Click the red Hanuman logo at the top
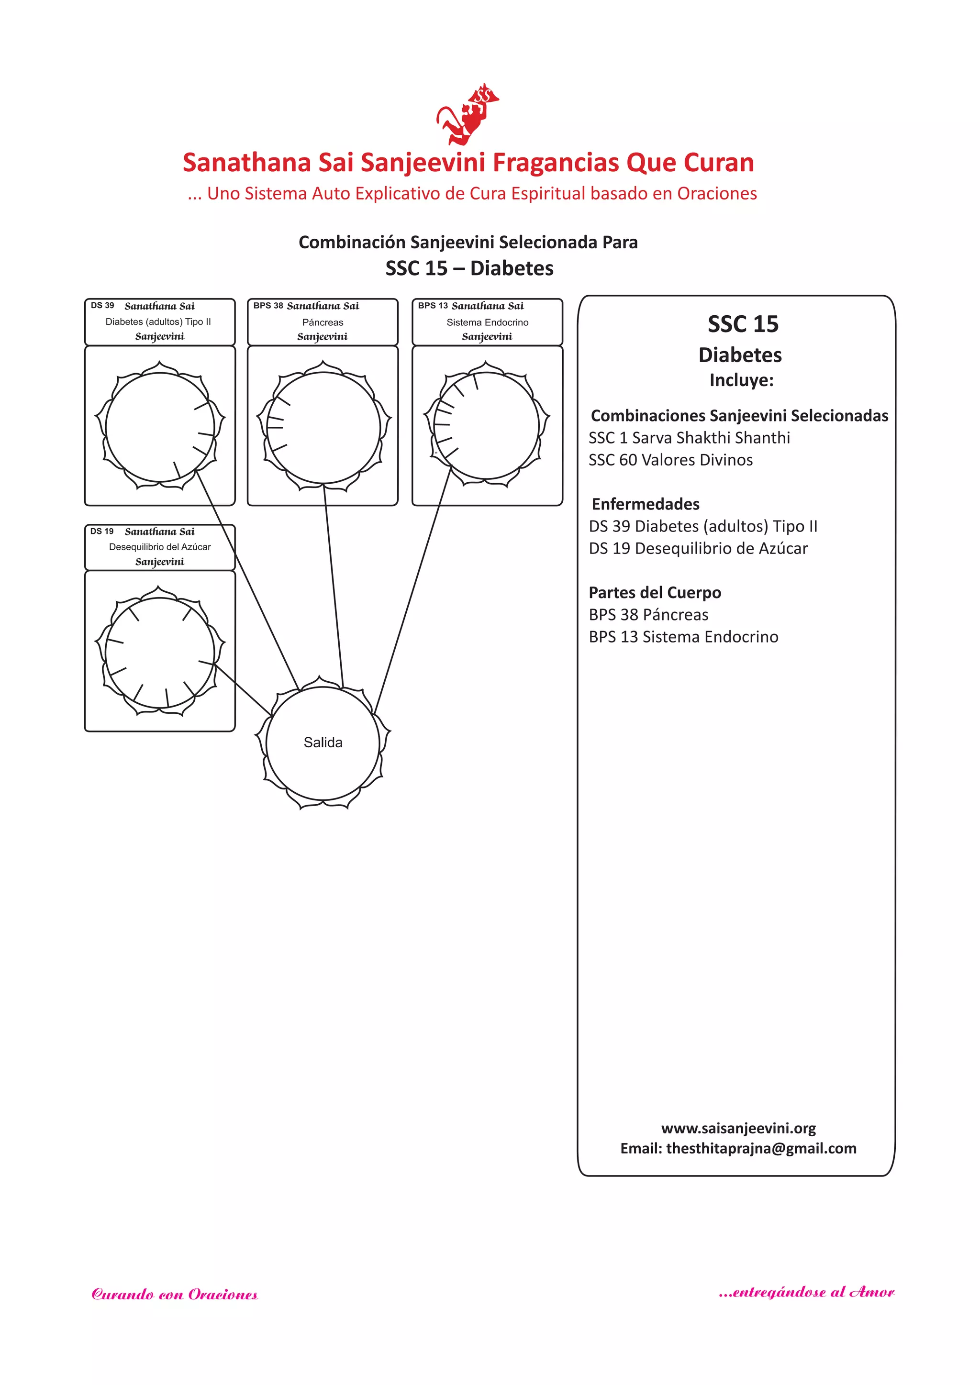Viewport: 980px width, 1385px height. click(467, 115)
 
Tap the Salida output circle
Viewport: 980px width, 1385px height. click(323, 742)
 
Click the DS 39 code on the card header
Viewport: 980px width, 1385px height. click(102, 306)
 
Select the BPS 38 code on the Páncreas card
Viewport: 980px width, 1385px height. click(268, 306)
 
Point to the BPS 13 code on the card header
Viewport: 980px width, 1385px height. click(433, 306)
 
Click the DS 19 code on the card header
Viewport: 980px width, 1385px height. click(101, 532)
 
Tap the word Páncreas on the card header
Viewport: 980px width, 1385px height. click(323, 322)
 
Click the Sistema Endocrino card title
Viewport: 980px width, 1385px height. click(487, 322)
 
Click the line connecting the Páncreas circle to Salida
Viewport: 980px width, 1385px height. click(334, 585)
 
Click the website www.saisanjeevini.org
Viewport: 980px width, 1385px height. click(739, 1128)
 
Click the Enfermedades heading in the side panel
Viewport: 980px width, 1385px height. click(646, 504)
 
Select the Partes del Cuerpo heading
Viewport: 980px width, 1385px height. click(655, 593)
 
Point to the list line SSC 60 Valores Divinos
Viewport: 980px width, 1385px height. click(670, 460)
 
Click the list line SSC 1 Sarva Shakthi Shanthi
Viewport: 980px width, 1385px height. click(689, 438)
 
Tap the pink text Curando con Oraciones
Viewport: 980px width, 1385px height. click(175, 1295)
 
